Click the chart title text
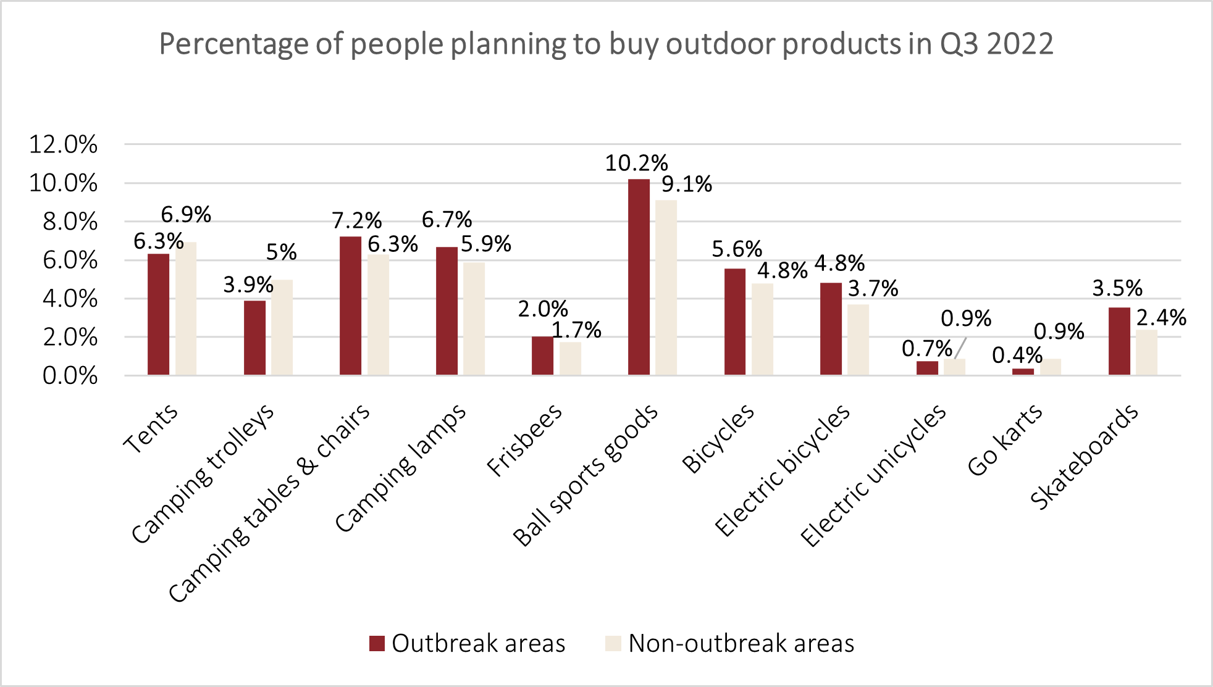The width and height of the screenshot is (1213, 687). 606,44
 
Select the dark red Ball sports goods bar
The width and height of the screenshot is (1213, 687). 639,277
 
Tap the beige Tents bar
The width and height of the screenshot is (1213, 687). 186,309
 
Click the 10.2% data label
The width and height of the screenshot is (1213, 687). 636,163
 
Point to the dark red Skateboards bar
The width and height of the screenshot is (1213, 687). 1119,341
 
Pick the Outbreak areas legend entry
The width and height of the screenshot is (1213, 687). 468,643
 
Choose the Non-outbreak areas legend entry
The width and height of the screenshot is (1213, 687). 730,643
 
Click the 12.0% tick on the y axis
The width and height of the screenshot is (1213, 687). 63,144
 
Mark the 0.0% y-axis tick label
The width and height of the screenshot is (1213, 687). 69,375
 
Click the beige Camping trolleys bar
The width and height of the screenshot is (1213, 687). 282,327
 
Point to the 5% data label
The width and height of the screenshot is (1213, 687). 281,252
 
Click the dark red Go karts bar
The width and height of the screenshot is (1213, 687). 1023,372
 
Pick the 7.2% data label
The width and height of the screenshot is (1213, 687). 356,220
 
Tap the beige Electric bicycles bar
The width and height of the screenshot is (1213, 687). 858,339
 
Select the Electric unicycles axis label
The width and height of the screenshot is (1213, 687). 873,475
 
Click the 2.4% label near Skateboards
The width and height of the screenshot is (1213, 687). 1161,317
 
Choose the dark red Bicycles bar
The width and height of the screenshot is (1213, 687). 735,322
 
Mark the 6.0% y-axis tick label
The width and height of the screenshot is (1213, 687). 69,260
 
